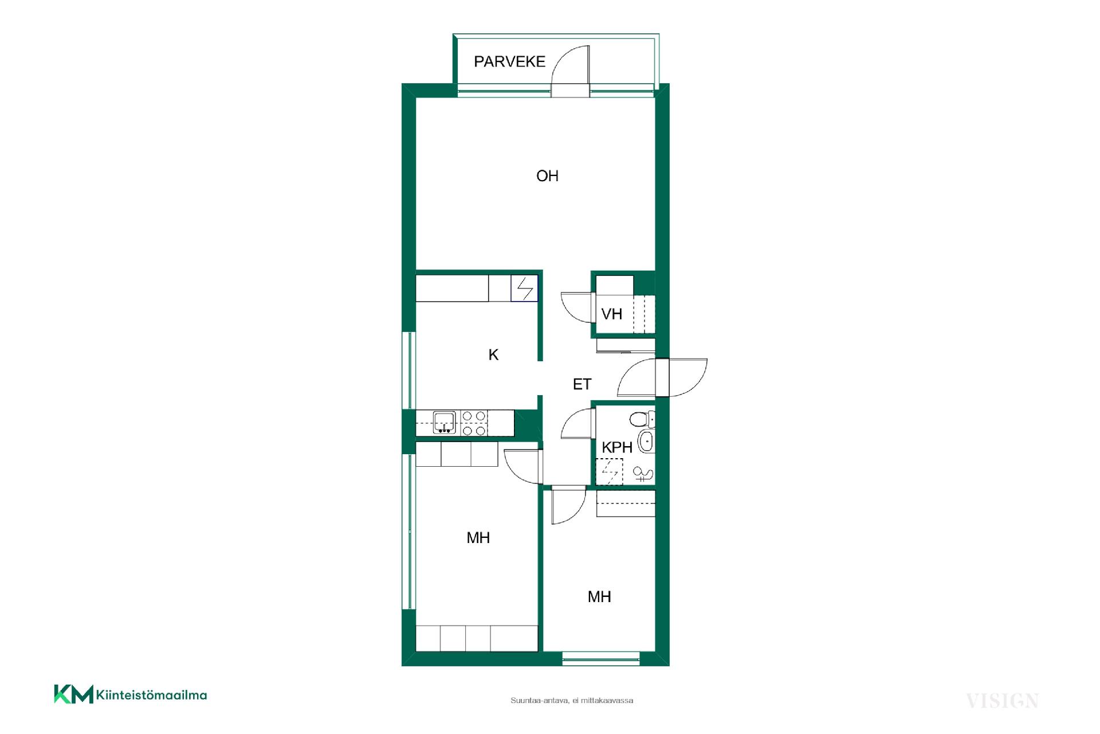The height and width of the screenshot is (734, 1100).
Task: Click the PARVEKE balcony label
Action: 509,61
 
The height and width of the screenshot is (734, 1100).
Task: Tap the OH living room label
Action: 547,176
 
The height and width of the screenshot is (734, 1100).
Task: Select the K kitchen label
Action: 493,355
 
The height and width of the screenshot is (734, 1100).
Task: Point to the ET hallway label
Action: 582,384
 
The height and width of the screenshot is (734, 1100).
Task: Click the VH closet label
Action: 612,314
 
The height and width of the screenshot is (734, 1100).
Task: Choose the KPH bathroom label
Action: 617,447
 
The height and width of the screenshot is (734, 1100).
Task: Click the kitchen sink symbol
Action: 444,421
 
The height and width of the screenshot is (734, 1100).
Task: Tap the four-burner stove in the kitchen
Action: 474,423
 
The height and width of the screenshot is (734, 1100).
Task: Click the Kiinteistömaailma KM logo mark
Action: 73,694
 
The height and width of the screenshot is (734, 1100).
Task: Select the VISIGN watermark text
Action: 1002,701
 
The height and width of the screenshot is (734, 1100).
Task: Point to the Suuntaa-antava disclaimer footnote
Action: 571,700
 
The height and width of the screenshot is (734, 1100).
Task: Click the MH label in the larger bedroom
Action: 478,538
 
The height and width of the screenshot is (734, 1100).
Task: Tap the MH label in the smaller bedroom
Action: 599,597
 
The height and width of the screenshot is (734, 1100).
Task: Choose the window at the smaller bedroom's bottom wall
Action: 601,658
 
